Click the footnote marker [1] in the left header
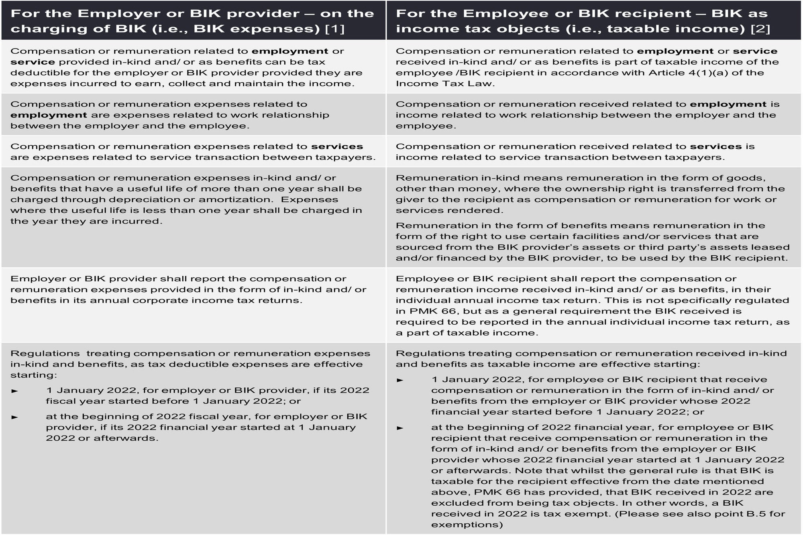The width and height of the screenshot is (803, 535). (x=334, y=29)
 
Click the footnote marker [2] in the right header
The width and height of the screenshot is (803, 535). (x=760, y=29)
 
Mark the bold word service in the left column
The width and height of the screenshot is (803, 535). (x=33, y=62)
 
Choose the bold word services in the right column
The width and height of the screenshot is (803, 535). (x=716, y=146)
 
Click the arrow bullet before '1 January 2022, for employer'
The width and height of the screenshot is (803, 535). (x=15, y=391)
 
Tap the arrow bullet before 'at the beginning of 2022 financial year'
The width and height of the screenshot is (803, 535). (x=400, y=428)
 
